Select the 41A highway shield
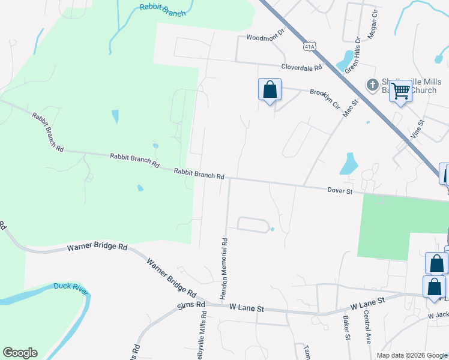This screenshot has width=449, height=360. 309,46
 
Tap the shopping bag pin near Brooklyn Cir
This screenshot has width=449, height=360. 270,90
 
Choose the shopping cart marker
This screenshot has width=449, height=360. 400,91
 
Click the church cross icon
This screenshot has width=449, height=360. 372,85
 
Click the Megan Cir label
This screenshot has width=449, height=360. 372,23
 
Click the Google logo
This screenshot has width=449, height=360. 20,353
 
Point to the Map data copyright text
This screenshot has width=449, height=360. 411,355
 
